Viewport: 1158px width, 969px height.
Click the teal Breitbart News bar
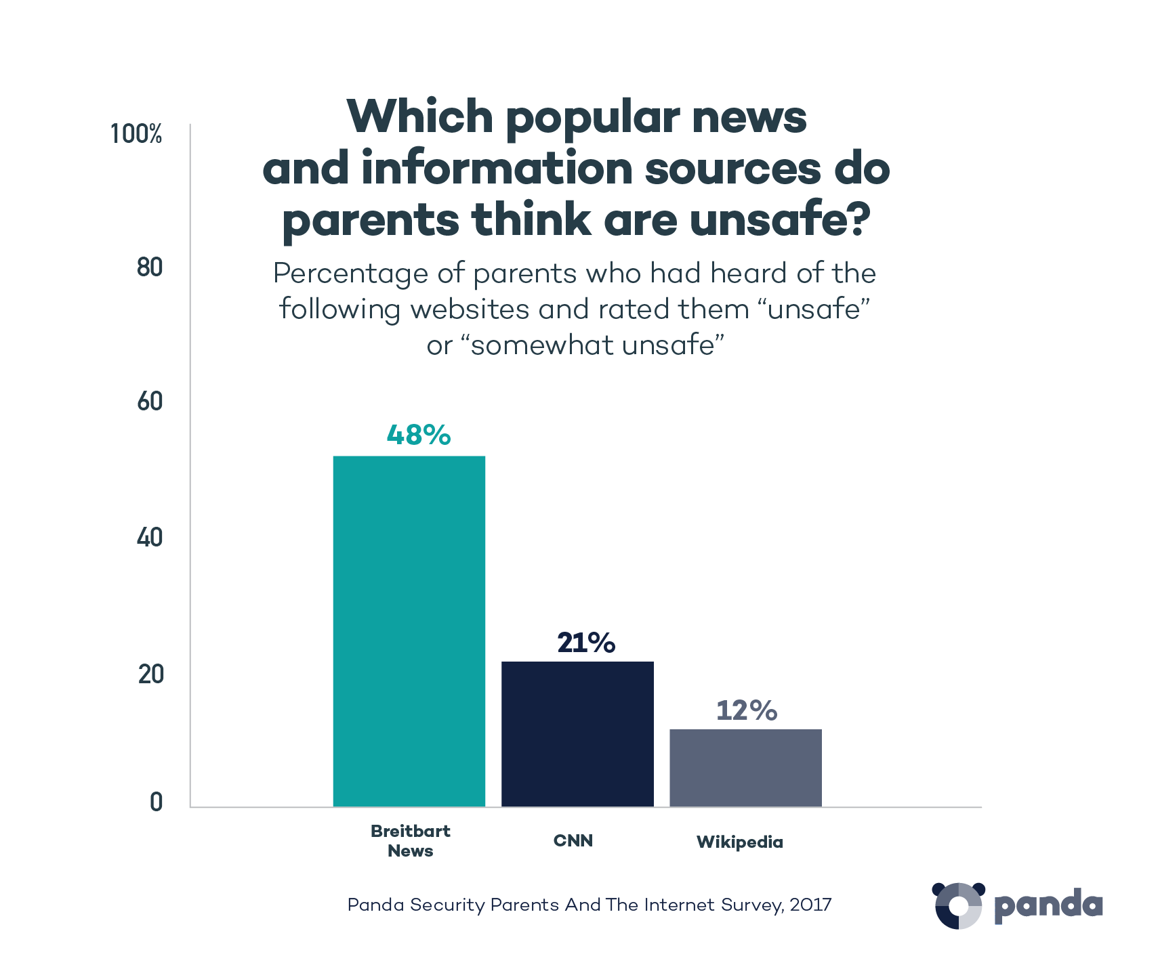click(x=409, y=631)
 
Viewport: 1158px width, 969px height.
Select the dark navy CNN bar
click(x=577, y=734)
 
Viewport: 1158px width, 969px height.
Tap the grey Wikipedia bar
click(x=745, y=768)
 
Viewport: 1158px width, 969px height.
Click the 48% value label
click(x=419, y=435)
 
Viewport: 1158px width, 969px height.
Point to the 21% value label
click(x=586, y=643)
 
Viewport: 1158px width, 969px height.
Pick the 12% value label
click(x=747, y=710)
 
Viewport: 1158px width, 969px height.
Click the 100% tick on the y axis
click(x=136, y=134)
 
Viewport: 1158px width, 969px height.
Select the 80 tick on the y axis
click(x=150, y=267)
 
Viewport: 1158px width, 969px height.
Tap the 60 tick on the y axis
click(x=150, y=402)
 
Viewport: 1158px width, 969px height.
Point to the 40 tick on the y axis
click(x=150, y=538)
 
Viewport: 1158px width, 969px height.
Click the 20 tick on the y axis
click(x=150, y=674)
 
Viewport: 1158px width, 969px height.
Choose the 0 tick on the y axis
click(x=156, y=802)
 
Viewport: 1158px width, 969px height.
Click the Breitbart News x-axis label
click(x=411, y=841)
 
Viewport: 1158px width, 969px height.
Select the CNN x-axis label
click(x=573, y=841)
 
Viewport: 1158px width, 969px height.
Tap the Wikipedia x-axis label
click(x=740, y=842)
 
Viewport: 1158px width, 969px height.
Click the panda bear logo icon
click(x=958, y=905)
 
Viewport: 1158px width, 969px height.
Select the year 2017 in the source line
click(x=810, y=905)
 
